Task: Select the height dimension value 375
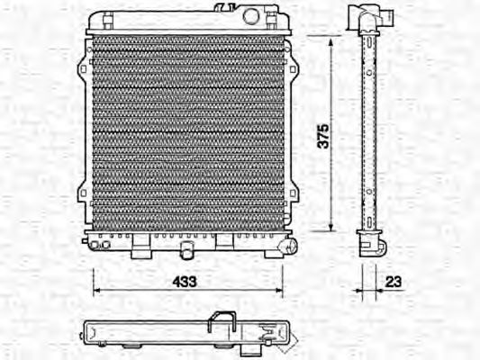322,134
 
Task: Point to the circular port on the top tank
251,15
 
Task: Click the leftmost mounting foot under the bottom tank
140,247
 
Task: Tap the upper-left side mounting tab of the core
84,67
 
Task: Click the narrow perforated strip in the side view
369,135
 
